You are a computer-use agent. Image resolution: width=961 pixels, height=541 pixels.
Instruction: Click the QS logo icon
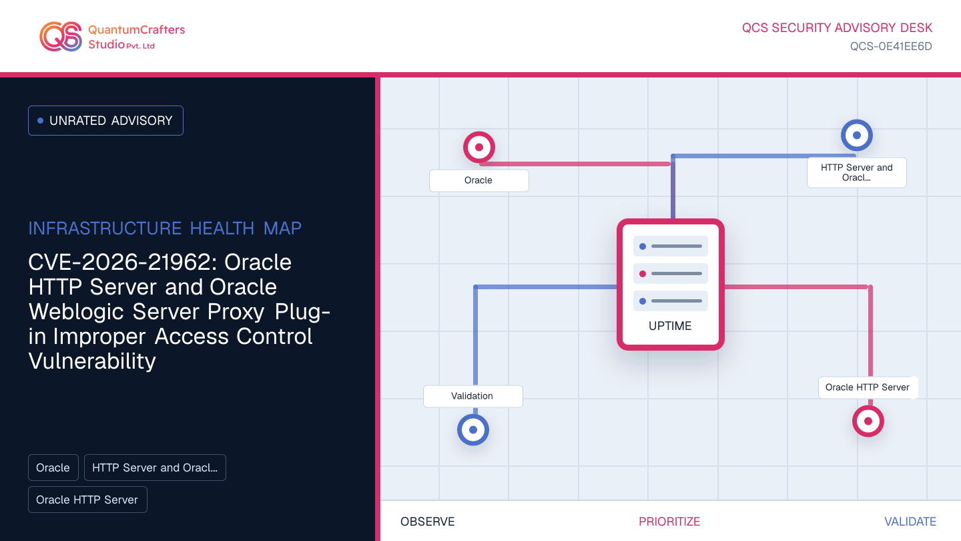pyautogui.click(x=61, y=37)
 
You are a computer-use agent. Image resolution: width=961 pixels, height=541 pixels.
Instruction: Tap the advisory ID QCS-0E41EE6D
pyautogui.click(x=891, y=46)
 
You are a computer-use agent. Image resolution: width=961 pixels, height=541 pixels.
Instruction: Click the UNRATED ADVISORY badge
pyautogui.click(x=105, y=121)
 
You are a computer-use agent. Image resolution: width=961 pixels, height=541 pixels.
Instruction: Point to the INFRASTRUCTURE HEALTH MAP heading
pyautogui.click(x=165, y=228)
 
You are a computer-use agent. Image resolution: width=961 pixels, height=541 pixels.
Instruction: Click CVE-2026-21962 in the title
pyautogui.click(x=123, y=262)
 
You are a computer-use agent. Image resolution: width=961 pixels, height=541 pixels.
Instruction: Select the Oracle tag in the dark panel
pyautogui.click(x=53, y=468)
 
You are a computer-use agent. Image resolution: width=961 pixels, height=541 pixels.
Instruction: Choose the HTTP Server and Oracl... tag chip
pyautogui.click(x=155, y=468)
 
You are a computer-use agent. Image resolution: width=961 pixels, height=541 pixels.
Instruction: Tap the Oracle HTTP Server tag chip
pyautogui.click(x=87, y=500)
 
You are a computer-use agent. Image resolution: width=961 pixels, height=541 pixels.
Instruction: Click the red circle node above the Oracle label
pyautogui.click(x=479, y=147)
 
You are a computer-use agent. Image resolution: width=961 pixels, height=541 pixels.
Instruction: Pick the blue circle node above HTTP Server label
pyautogui.click(x=857, y=135)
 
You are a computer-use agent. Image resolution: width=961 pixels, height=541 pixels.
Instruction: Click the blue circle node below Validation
pyautogui.click(x=473, y=430)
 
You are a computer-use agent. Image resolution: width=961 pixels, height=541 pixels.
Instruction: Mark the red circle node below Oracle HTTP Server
pyautogui.click(x=868, y=421)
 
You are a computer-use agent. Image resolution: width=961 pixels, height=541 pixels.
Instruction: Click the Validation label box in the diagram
pyautogui.click(x=472, y=396)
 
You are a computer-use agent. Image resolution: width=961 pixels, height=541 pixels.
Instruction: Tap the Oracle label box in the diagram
pyautogui.click(x=478, y=180)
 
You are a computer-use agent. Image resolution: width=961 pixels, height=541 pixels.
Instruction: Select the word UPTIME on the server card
pyautogui.click(x=670, y=326)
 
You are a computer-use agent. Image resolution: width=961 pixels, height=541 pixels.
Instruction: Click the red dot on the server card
pyautogui.click(x=643, y=274)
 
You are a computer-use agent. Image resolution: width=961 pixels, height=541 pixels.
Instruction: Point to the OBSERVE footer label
pyautogui.click(x=427, y=522)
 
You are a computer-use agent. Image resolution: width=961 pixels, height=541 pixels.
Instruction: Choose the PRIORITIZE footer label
pyautogui.click(x=669, y=522)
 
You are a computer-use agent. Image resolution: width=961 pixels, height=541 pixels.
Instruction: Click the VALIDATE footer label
pyautogui.click(x=910, y=522)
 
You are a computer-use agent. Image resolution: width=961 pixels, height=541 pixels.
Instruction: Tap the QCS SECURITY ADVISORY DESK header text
pyautogui.click(x=837, y=28)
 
